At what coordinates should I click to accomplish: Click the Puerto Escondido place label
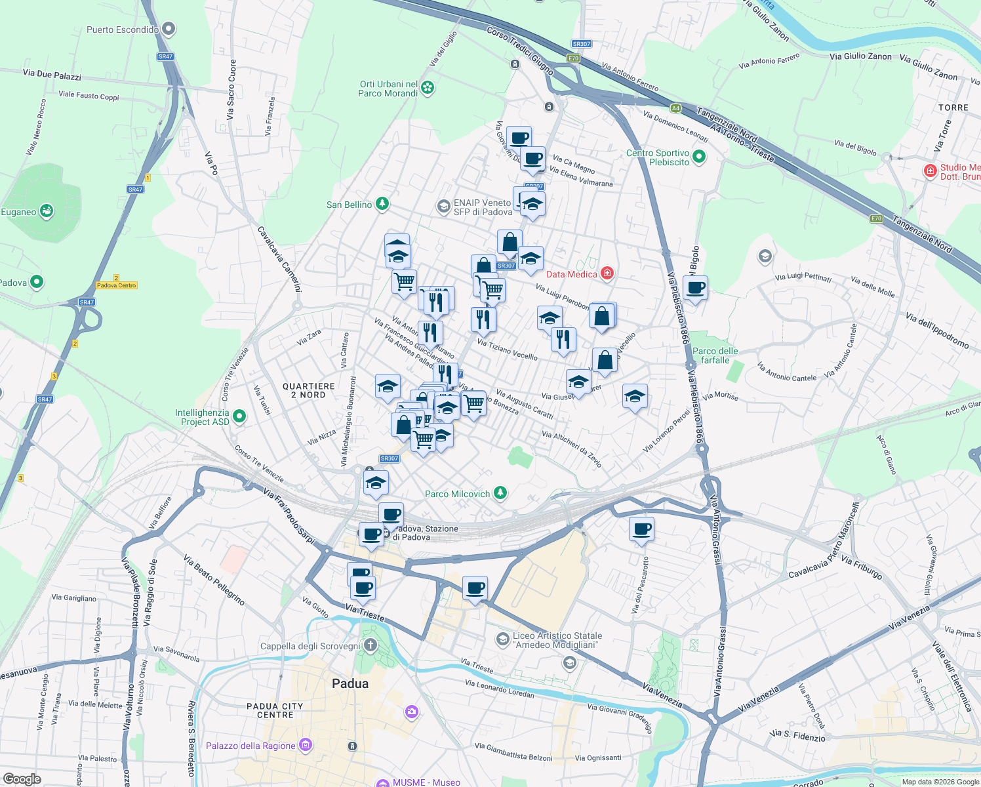[123, 30]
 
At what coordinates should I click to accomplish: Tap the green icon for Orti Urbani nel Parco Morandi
[428, 87]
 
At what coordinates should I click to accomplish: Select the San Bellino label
[349, 205]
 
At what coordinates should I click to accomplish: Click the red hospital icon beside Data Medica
[607, 273]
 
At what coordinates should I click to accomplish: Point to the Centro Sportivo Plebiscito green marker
[698, 157]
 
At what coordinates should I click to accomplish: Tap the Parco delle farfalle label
[715, 355]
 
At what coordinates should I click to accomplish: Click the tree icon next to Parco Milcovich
[500, 493]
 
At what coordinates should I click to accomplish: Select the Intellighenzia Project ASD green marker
[239, 416]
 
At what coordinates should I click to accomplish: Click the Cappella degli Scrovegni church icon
[370, 645]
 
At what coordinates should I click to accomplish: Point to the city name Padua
[350, 683]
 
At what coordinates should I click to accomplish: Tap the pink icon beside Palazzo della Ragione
[305, 744]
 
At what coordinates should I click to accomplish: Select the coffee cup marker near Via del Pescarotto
[642, 529]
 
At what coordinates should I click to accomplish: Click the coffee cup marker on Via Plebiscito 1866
[695, 288]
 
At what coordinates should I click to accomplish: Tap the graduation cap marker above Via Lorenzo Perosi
[635, 397]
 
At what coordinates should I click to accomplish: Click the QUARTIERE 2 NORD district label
[309, 390]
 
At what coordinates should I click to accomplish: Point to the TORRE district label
[953, 108]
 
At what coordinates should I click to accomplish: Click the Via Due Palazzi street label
[52, 75]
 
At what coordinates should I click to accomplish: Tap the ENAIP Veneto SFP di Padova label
[483, 207]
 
